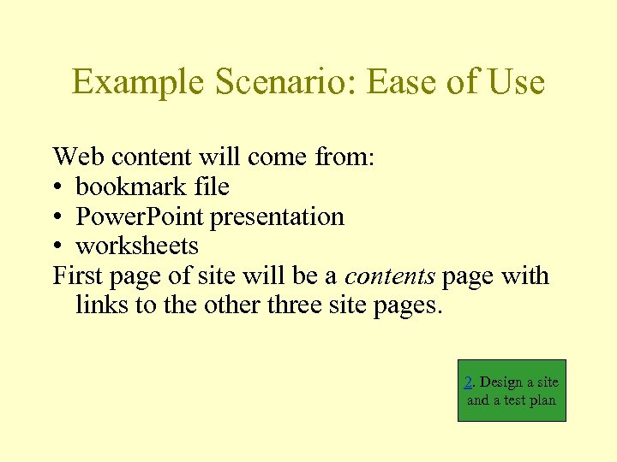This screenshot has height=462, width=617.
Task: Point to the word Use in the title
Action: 515,82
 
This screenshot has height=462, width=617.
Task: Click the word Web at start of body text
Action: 75,157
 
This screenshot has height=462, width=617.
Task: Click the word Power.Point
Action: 140,217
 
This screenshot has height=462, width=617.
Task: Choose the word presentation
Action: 277,217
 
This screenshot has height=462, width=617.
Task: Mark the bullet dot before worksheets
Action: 57,247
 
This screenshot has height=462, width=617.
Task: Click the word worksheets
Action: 137,246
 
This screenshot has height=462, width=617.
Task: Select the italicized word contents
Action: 389,276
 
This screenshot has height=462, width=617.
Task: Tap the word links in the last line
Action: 102,305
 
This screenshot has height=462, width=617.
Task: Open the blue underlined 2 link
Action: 468,382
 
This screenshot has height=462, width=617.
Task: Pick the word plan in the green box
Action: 542,400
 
